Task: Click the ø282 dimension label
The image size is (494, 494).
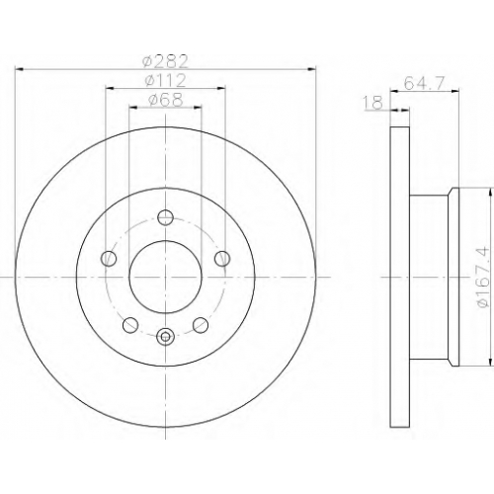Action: click(x=165, y=61)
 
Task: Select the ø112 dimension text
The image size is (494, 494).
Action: click(x=166, y=81)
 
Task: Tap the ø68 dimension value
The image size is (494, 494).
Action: click(x=165, y=100)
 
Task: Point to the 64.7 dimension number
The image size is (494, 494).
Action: click(x=425, y=83)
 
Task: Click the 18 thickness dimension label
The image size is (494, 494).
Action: click(x=373, y=103)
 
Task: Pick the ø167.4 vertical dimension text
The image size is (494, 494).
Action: click(x=483, y=278)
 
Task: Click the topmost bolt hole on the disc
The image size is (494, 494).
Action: click(x=165, y=216)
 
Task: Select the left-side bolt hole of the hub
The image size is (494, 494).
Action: click(x=109, y=258)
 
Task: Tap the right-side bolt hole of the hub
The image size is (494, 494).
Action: click(x=222, y=258)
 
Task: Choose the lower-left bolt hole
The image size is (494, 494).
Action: click(x=130, y=325)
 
